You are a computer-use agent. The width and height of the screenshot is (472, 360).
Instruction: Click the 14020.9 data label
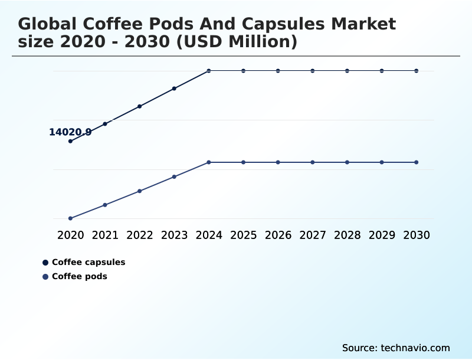(70, 132)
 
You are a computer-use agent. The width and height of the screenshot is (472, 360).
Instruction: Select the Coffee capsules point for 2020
(70, 141)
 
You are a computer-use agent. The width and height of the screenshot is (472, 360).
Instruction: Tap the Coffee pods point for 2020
(70, 218)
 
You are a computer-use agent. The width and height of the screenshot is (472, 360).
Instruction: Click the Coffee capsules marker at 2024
(209, 71)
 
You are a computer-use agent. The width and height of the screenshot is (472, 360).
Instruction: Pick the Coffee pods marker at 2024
(209, 162)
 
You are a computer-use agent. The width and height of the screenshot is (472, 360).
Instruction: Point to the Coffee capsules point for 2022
(140, 106)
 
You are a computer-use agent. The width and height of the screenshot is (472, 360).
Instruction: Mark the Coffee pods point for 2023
(174, 176)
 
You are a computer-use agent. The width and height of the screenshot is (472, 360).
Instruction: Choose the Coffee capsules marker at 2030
(417, 71)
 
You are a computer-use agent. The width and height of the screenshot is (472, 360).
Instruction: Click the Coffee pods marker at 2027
(313, 162)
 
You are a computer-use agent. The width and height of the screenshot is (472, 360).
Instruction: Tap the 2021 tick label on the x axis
(105, 235)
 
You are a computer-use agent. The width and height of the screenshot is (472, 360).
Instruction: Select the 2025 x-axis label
(243, 235)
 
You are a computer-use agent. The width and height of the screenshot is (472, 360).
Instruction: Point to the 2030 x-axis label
(417, 235)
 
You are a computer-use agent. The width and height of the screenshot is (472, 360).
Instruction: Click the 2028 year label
(347, 235)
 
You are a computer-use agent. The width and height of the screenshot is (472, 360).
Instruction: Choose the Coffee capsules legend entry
(88, 262)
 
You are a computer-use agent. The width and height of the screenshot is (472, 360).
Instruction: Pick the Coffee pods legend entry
(79, 276)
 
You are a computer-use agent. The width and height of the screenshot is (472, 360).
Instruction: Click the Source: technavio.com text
(396, 348)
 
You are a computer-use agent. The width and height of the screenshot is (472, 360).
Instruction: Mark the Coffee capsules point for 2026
(278, 71)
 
